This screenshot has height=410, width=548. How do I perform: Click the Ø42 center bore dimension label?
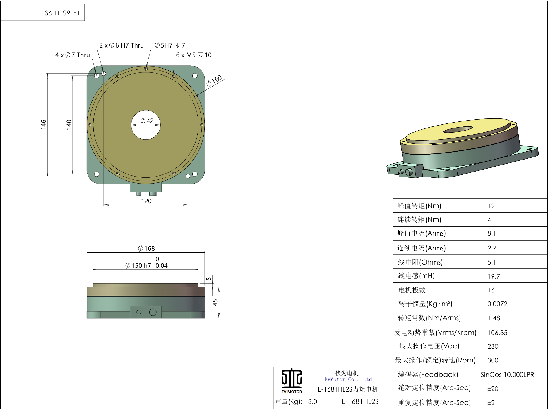147,121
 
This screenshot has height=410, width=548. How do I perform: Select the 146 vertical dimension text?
43,124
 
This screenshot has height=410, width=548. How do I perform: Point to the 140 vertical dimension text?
69,124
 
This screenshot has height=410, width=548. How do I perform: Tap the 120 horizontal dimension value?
146,201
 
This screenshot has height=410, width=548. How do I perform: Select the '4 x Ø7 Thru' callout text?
73,55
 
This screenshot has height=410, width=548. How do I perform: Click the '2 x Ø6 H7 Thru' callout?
121,45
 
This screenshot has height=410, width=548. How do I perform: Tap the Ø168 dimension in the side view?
146,248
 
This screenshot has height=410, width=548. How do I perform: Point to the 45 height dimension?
215,302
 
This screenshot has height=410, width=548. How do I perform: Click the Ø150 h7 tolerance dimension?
146,265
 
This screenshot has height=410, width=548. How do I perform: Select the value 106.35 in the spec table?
497,333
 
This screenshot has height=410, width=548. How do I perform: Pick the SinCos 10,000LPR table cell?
507,375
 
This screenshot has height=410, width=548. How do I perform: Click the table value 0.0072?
497,304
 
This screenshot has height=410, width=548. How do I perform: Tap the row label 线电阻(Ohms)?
420,262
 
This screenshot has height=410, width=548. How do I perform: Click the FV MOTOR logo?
292,381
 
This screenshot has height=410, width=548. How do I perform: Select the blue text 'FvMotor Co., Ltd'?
348,379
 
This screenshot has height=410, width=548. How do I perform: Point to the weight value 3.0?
312,401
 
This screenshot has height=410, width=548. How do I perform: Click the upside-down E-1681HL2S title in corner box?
62,13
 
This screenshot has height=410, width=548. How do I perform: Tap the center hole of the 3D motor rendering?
458,129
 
